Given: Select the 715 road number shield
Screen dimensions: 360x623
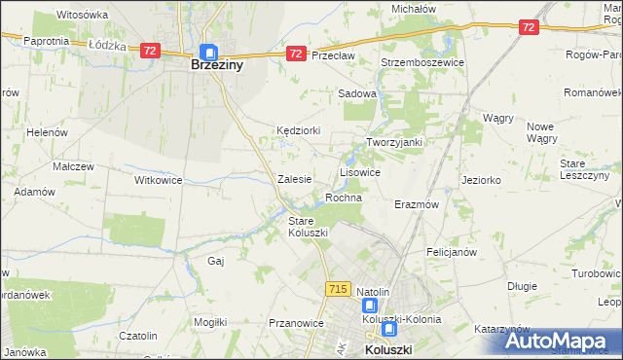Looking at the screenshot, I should (339, 289).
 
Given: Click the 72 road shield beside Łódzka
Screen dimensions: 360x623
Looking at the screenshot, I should (149, 51).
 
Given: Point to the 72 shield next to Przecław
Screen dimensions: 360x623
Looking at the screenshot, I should (295, 55).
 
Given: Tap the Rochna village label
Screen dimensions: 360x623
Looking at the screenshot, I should (344, 198).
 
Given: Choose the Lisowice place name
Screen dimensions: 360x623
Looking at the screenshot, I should (359, 171).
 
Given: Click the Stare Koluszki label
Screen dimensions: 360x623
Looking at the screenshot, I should (308, 227).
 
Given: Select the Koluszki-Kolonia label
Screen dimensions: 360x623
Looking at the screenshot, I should (402, 318).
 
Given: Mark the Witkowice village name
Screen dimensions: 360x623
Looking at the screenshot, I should (159, 180).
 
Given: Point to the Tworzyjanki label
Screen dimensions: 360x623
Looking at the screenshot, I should (393, 141).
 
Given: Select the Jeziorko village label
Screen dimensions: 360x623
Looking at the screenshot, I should (482, 180).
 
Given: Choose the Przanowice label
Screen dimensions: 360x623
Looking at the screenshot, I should (295, 323).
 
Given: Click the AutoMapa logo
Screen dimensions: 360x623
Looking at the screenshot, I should (560, 341).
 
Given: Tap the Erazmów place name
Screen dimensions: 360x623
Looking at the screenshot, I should (418, 205).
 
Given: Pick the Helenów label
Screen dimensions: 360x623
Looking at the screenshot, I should (46, 132).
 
